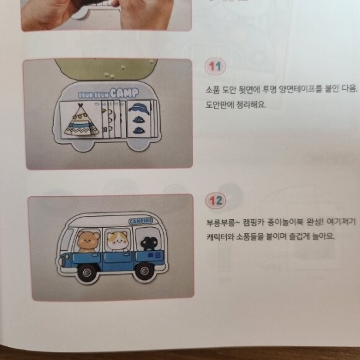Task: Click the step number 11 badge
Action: click(x=215, y=66)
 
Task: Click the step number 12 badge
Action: click(x=215, y=200)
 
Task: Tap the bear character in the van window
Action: click(x=88, y=241)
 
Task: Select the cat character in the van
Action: click(x=117, y=241)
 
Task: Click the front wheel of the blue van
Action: click(x=87, y=272)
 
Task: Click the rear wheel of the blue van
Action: click(x=145, y=271)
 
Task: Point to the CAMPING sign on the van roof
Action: click(x=140, y=221)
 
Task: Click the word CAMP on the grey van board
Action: click(x=124, y=93)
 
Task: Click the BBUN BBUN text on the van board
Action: click(x=93, y=95)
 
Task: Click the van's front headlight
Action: click(x=61, y=261)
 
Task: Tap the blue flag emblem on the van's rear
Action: click(x=155, y=255)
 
